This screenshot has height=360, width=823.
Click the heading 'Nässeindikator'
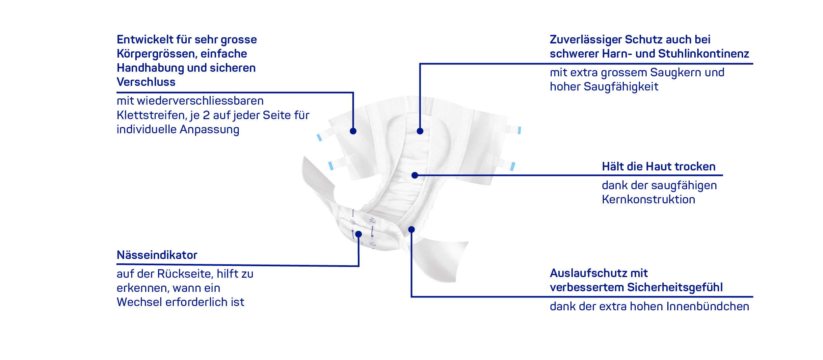pyautogui.click(x=157, y=255)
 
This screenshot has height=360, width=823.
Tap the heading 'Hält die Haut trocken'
pyautogui.click(x=659, y=167)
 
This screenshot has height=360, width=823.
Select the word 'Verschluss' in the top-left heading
pyautogui.click(x=146, y=82)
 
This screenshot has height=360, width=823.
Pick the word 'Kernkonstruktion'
pyautogui.click(x=649, y=199)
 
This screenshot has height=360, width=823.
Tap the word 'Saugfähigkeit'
pyautogui.click(x=621, y=87)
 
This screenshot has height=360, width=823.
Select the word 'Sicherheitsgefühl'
pyautogui.click(x=675, y=287)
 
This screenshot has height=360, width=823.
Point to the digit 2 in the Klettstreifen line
pyautogui.click(x=206, y=115)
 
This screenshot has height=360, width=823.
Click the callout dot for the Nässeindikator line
pyautogui.click(x=358, y=234)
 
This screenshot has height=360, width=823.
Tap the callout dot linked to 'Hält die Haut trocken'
pyautogui.click(x=415, y=175)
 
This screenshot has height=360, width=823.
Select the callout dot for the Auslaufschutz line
pyautogui.click(x=411, y=229)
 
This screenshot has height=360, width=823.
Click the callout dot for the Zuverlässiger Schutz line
pyautogui.click(x=420, y=131)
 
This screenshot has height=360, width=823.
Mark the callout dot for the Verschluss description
pyautogui.click(x=353, y=131)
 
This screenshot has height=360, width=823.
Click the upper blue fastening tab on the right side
pyautogui.click(x=519, y=130)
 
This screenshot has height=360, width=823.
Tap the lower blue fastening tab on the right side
pyautogui.click(x=513, y=167)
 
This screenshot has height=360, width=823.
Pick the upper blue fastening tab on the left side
pyautogui.click(x=319, y=138)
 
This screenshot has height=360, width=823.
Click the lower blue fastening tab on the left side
pyautogui.click(x=331, y=166)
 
